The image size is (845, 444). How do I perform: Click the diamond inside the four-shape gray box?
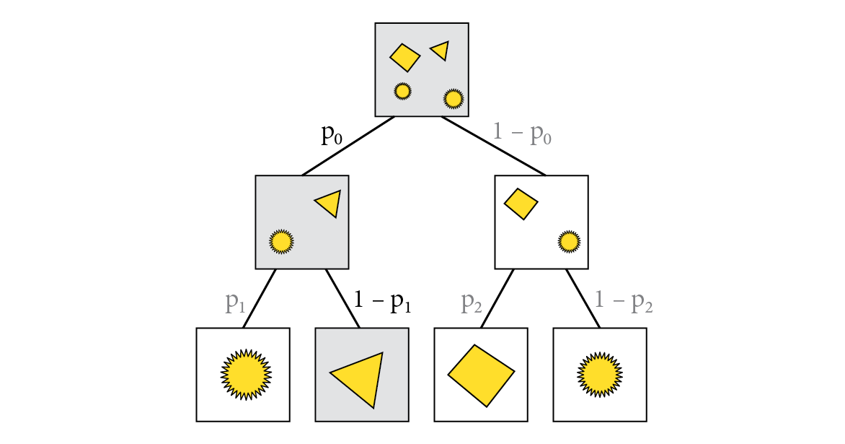click(405, 57)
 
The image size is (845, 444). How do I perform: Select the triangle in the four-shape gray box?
click(441, 51)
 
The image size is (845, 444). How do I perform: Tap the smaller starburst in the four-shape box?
click(402, 91)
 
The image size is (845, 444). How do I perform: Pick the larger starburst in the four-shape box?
click(453, 98)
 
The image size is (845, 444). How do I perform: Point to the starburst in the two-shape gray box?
click(281, 241)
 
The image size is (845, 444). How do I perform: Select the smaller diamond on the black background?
click(521, 204)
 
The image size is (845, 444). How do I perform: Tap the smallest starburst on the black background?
click(569, 241)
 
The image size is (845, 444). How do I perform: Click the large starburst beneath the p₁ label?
click(246, 375)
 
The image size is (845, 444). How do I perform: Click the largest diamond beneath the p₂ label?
click(482, 375)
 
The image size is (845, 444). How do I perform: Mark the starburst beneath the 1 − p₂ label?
click(599, 375)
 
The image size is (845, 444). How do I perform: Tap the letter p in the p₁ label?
click(231, 302)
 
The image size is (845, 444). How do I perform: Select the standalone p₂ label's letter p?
click(466, 302)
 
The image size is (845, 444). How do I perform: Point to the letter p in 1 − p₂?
click(637, 302)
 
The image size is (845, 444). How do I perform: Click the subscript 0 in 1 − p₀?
click(547, 139)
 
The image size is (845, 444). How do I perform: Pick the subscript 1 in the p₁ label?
click(242, 308)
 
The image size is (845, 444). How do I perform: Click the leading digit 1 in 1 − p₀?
click(497, 131)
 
